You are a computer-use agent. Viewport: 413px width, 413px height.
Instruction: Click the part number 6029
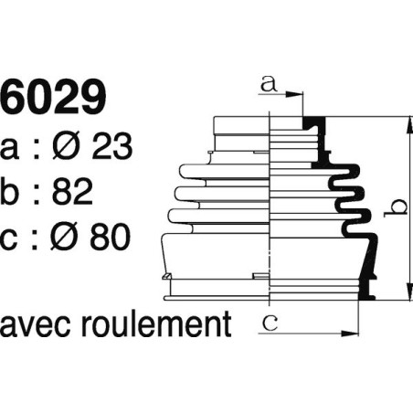pos(55,96)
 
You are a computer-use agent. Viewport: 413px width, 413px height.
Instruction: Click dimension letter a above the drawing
pos(268,85)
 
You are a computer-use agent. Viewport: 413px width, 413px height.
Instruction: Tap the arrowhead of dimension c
pos(355,329)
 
